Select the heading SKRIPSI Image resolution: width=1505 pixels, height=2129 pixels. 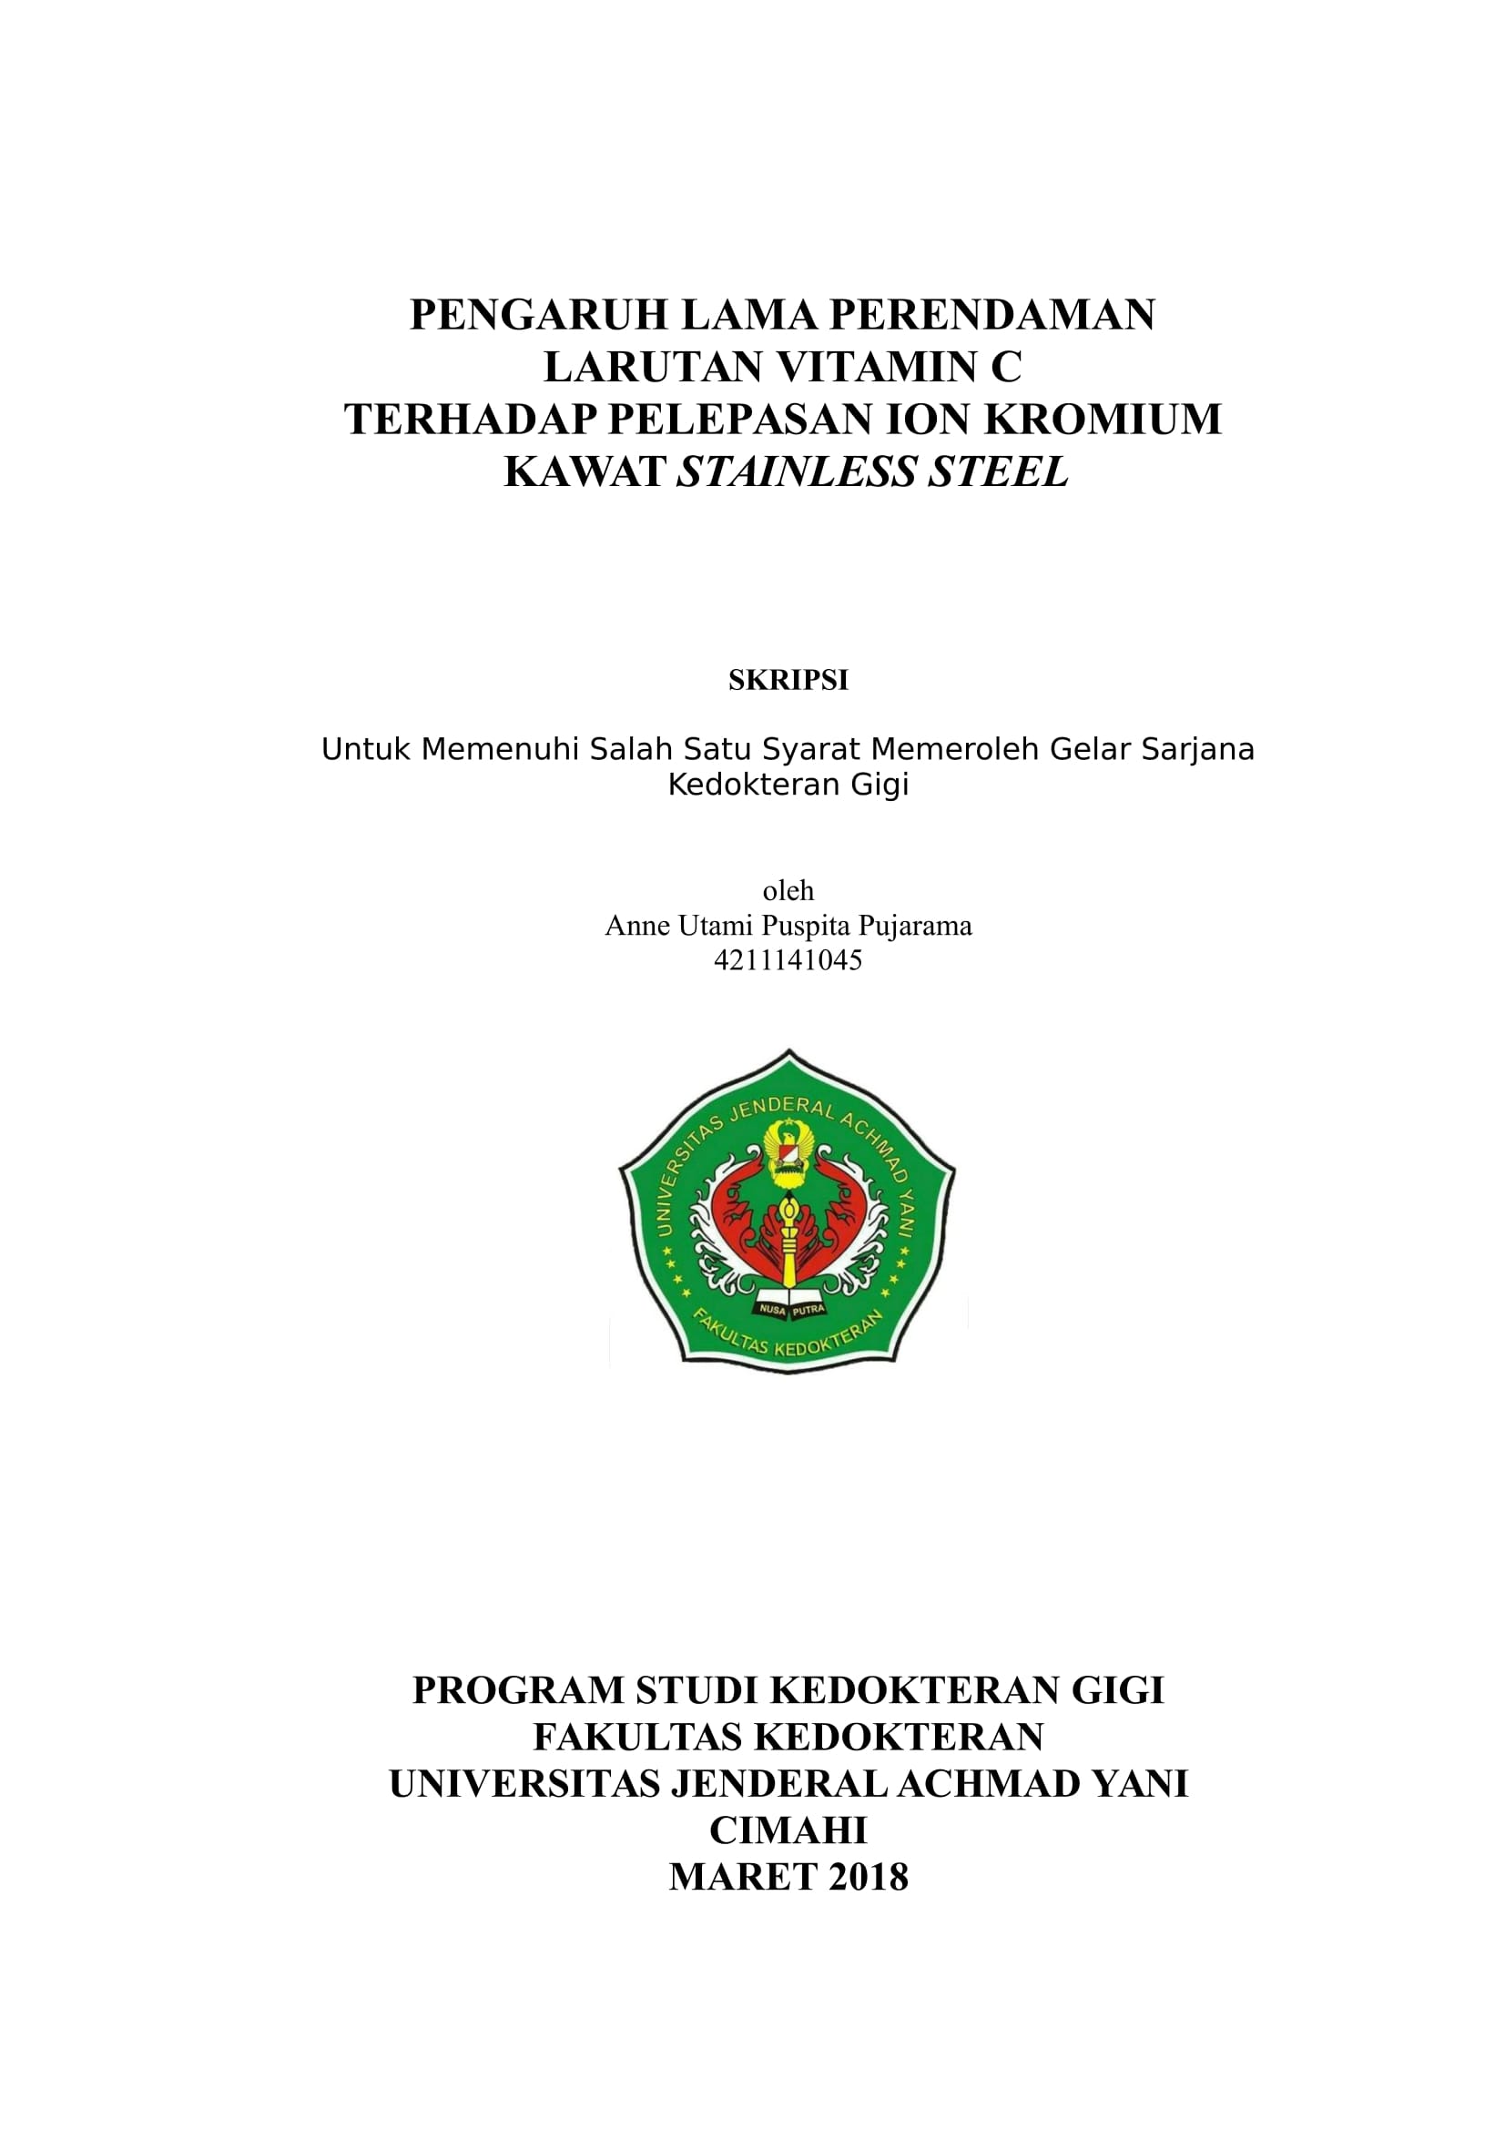click(788, 681)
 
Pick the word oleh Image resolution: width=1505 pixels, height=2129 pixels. click(788, 891)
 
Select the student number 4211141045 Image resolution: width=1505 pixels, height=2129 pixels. click(788, 959)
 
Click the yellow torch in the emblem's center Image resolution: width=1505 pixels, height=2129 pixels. click(788, 1242)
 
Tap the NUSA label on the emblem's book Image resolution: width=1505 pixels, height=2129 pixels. click(771, 1309)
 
